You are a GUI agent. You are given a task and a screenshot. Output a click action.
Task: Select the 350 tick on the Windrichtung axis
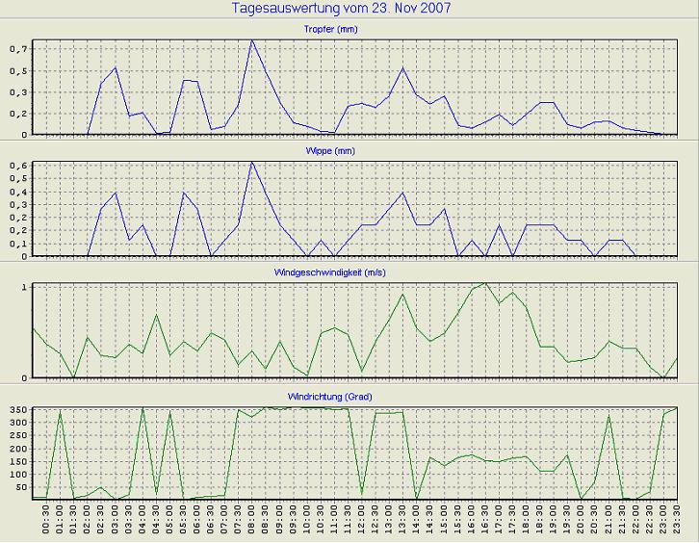pos(14,411)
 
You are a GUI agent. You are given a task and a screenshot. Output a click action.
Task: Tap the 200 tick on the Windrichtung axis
pos(14,450)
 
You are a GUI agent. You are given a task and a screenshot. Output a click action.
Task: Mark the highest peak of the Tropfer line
pos(252,40)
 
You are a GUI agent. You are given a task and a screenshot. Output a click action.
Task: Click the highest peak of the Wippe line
pos(252,162)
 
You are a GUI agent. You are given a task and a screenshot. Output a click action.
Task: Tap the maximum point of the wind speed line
pos(485,283)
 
